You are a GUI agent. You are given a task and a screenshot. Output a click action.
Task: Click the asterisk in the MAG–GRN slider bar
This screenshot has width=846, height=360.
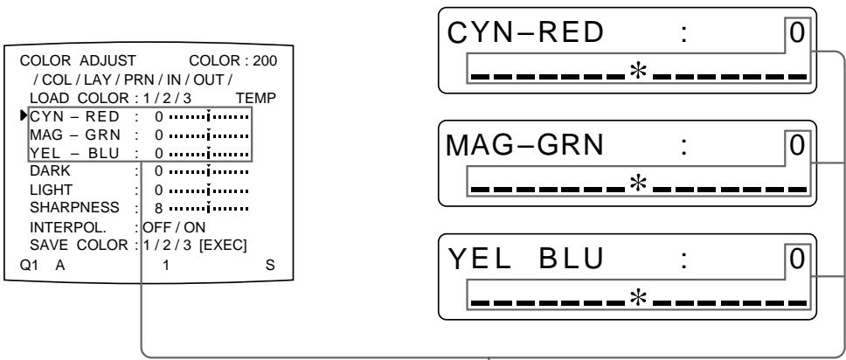pyautogui.click(x=637, y=186)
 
